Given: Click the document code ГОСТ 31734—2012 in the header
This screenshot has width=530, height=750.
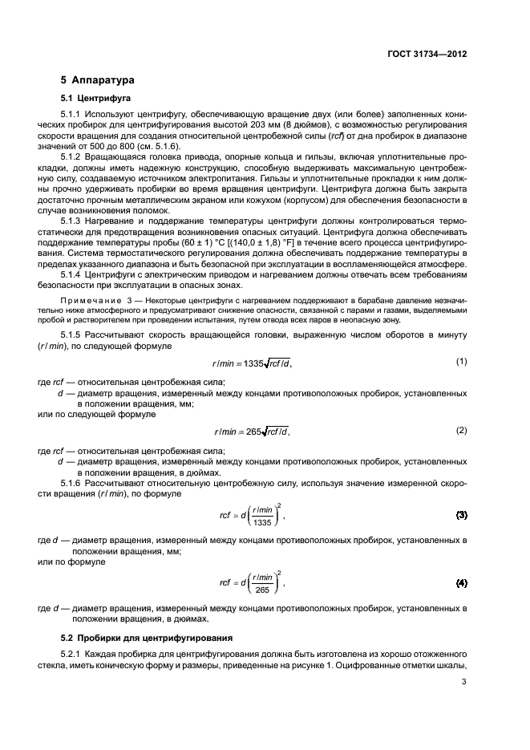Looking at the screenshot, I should click(425, 55).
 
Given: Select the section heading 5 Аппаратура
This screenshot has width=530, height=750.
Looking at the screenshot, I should click(98, 80).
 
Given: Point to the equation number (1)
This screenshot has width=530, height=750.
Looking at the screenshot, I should click(461, 339).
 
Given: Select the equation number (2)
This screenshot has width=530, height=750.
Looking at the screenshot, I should click(461, 430).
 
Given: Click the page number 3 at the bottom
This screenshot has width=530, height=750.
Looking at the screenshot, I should click(464, 683).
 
